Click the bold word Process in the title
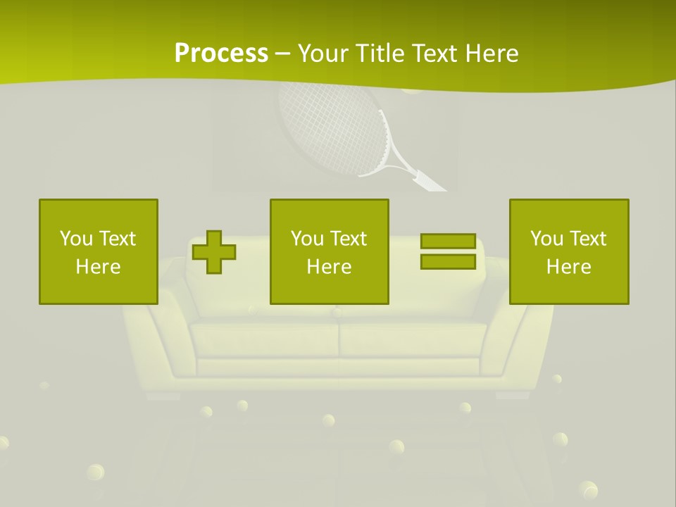(x=221, y=53)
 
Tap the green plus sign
(x=214, y=252)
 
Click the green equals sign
(x=448, y=251)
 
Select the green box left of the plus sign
(x=99, y=251)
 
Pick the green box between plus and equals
(x=329, y=251)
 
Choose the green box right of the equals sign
(x=569, y=251)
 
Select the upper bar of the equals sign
(x=448, y=241)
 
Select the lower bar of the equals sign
(x=448, y=262)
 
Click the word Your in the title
(x=323, y=53)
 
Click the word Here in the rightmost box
(x=569, y=267)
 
